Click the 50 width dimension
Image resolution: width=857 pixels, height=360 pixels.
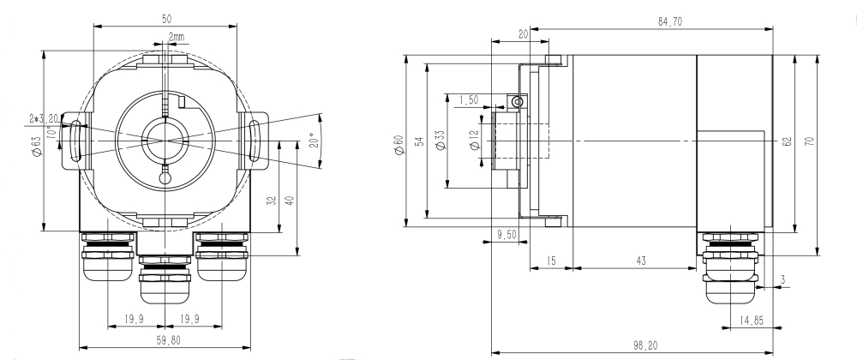click(x=165, y=18)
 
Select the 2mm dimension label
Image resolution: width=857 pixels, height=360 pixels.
click(x=176, y=38)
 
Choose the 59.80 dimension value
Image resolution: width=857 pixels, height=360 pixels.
click(x=165, y=340)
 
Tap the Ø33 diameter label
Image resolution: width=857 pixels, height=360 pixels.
click(x=440, y=141)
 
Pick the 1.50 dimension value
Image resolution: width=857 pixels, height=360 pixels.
click(x=469, y=100)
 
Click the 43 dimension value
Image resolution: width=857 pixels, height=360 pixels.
click(x=641, y=260)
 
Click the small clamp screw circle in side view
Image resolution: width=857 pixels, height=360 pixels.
click(x=516, y=102)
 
